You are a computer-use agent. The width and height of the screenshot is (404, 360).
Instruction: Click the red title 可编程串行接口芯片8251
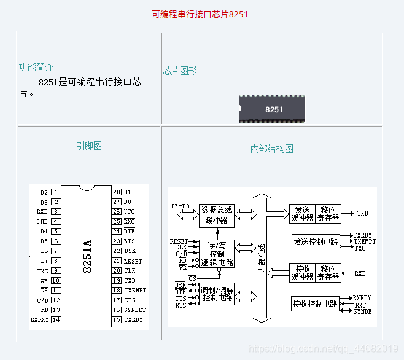click(x=200, y=14)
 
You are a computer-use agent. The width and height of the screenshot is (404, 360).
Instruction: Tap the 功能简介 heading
click(x=36, y=68)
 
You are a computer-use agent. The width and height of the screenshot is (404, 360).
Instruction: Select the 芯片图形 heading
click(x=180, y=71)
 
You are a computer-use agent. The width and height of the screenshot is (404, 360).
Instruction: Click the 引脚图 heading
click(x=89, y=146)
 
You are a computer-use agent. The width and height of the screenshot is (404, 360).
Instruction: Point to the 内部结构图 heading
click(x=272, y=149)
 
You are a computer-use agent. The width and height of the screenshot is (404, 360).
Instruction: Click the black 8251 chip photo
click(x=272, y=109)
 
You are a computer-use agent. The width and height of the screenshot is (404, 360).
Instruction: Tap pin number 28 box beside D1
click(x=117, y=192)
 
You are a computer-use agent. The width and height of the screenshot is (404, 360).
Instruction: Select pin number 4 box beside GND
click(x=56, y=221)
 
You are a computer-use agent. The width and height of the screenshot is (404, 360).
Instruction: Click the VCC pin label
click(x=129, y=212)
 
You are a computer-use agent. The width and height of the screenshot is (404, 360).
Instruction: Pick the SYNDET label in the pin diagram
click(x=134, y=310)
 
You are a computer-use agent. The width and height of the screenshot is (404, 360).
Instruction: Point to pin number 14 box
click(x=56, y=319)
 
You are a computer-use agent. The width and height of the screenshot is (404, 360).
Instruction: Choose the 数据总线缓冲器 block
click(x=217, y=214)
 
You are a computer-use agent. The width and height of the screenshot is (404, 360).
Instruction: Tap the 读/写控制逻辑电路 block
click(x=217, y=253)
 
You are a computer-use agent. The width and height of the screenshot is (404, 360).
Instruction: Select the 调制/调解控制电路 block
click(x=217, y=294)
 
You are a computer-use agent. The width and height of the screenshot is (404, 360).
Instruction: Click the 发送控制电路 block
click(x=316, y=241)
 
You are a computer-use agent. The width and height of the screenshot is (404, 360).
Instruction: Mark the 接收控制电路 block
click(x=316, y=303)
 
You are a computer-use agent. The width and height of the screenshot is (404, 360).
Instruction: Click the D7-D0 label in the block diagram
click(x=181, y=206)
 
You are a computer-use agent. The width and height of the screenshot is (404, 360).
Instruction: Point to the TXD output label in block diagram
click(x=362, y=213)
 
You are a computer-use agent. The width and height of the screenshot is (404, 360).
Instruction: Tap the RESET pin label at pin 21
click(x=133, y=260)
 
